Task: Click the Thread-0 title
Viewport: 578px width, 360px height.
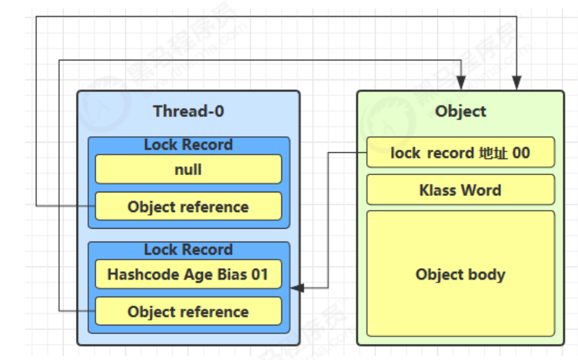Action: (188, 111)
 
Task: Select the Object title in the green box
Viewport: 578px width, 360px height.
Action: (460, 111)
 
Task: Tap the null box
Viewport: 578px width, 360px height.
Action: (188, 169)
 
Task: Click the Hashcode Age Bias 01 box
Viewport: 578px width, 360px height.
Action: (188, 274)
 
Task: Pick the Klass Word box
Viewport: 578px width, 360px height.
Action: (460, 190)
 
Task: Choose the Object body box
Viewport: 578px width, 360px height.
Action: (460, 274)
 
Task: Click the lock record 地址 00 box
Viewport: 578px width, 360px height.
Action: (460, 152)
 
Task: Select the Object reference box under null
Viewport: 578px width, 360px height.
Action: (188, 207)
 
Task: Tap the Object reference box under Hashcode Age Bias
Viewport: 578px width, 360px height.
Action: (188, 311)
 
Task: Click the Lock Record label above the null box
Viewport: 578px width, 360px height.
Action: (188, 144)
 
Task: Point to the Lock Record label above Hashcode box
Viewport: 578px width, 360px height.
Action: (188, 250)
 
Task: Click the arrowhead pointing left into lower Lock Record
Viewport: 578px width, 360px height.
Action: (297, 288)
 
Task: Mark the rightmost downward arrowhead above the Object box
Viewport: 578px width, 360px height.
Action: (517, 83)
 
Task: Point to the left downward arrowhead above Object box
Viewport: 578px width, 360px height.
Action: (461, 83)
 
